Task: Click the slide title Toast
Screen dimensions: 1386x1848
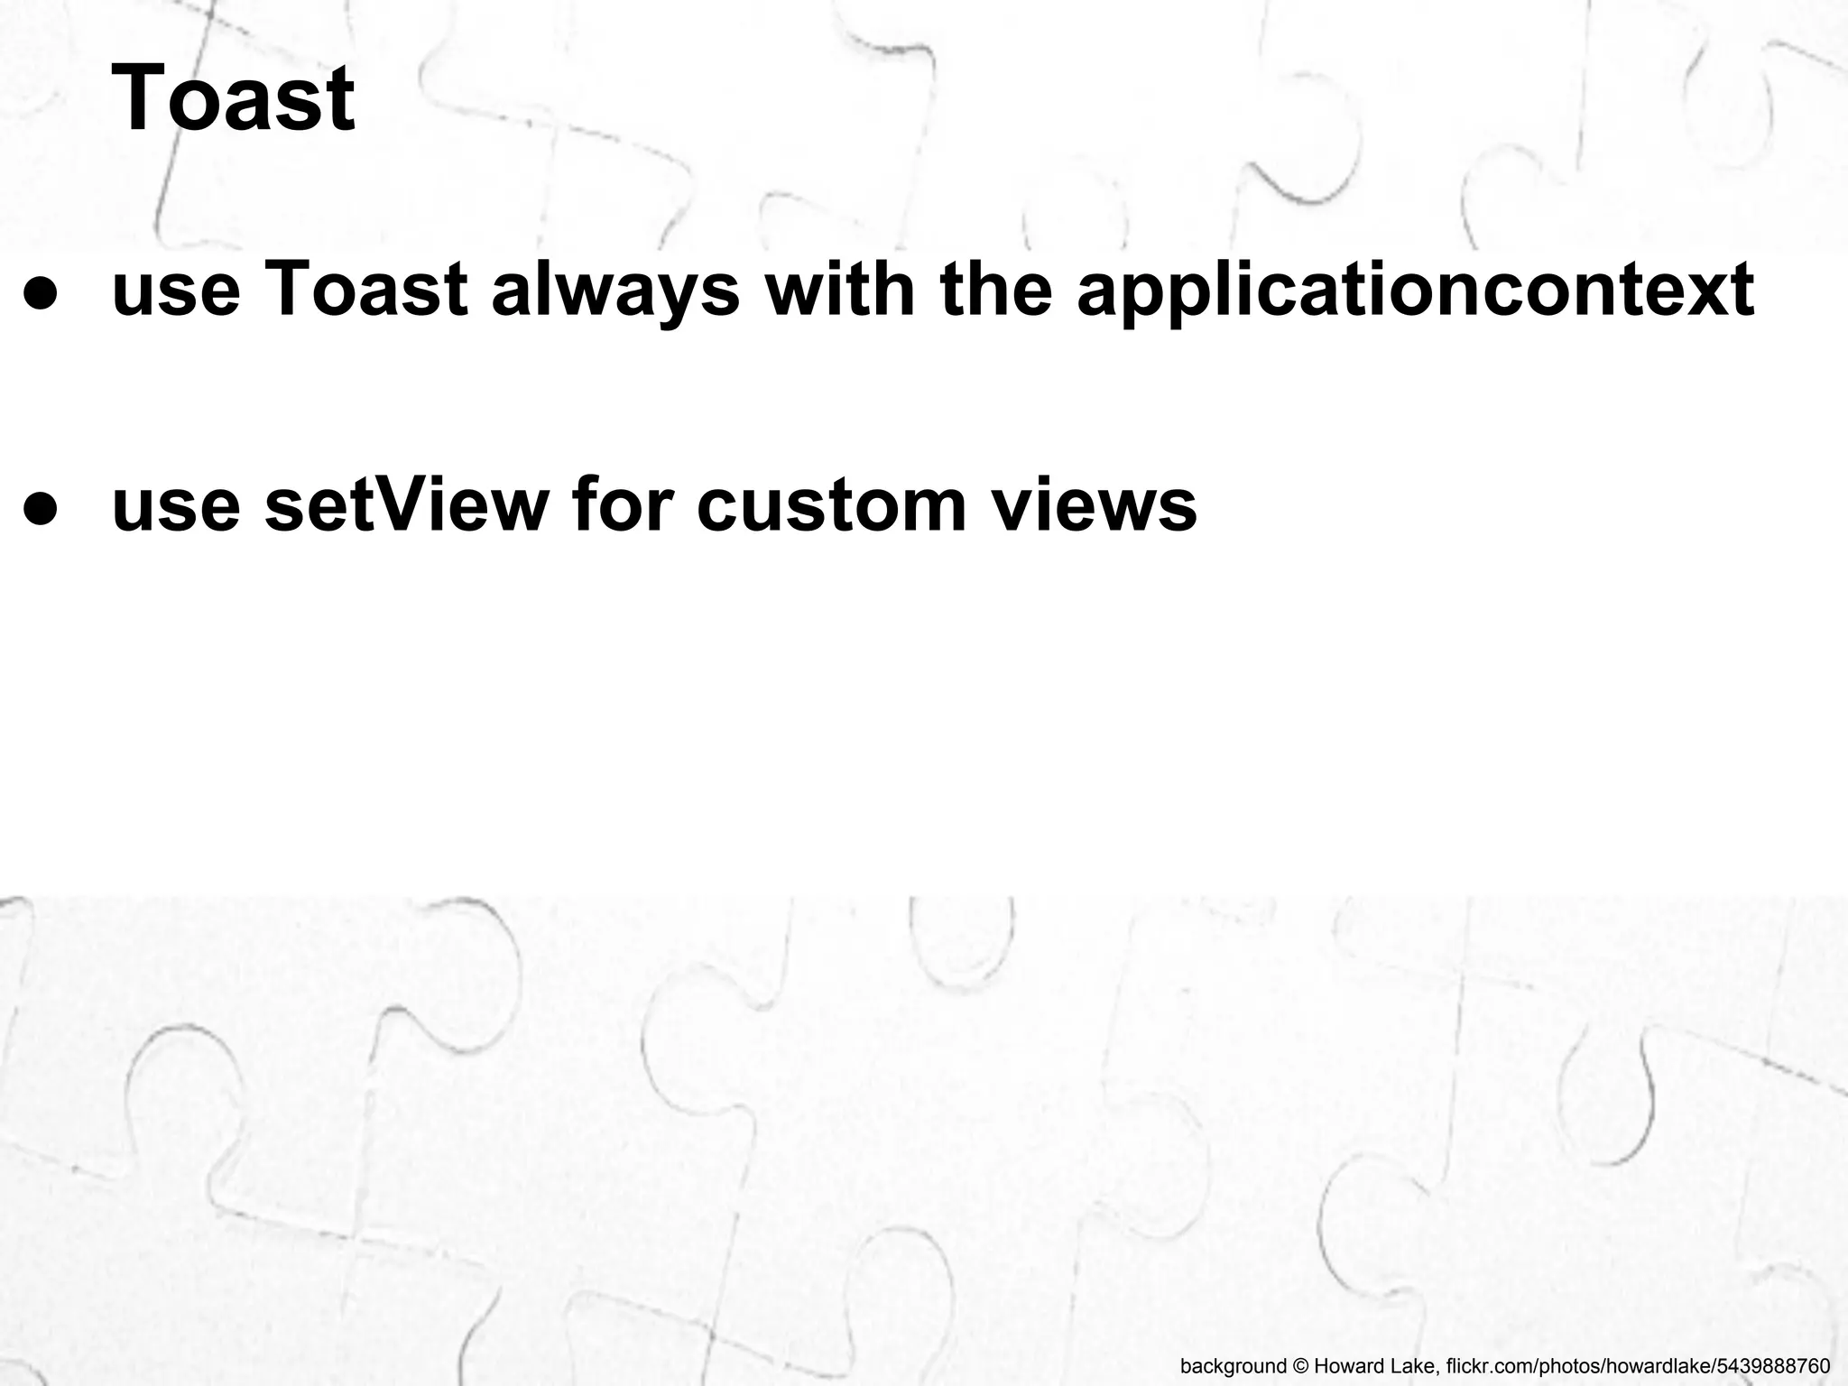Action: [x=233, y=97]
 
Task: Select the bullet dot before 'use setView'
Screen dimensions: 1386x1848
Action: [x=42, y=507]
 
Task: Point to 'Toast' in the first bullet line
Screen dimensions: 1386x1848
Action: [x=366, y=291]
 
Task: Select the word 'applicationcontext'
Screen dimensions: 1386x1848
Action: [x=1416, y=291]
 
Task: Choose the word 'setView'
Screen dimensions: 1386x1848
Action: [x=407, y=505]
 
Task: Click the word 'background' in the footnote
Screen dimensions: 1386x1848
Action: [x=1233, y=1365]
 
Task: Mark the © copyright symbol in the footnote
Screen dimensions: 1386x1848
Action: [x=1300, y=1365]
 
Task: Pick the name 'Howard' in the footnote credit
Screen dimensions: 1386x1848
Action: [x=1344, y=1365]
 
